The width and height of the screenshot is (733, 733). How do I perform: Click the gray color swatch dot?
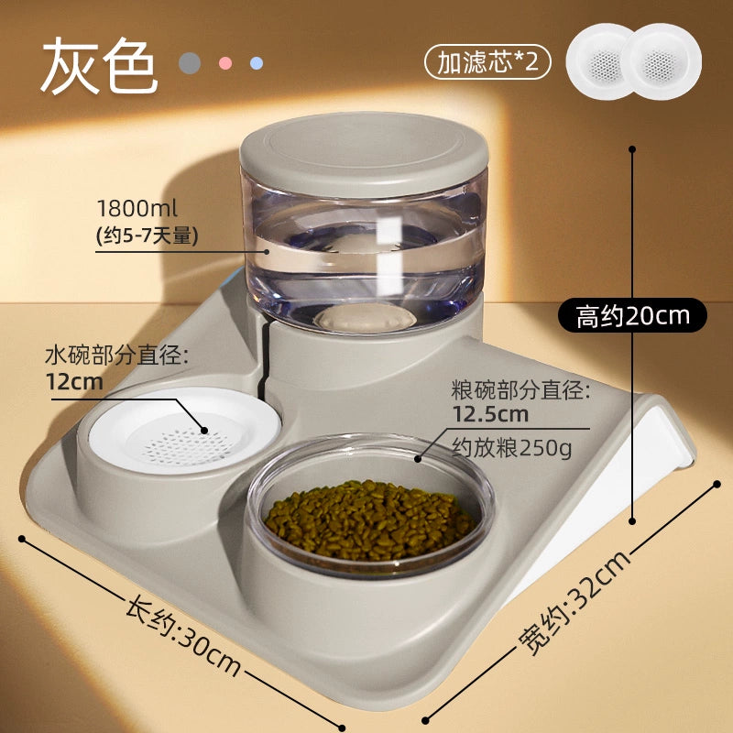190,63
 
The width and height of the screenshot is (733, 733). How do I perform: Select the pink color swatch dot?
225,63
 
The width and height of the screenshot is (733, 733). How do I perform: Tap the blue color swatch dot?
257,63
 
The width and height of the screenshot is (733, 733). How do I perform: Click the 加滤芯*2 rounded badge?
487,61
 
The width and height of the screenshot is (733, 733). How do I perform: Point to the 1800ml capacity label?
137,209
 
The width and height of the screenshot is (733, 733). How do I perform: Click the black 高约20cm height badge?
632,315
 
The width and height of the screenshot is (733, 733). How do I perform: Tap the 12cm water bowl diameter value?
74,382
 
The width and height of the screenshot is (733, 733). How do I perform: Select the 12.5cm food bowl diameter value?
490,415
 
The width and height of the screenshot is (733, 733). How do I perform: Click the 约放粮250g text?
511,449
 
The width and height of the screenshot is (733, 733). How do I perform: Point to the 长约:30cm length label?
183,635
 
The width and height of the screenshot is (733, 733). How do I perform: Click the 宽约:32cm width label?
575,603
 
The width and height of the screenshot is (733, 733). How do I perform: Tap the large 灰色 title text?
99,65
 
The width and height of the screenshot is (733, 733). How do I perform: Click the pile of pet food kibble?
369,520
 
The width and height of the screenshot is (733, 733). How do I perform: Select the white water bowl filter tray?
184,430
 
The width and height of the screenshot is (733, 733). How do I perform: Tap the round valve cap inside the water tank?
365,318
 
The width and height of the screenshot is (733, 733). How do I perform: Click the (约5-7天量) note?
148,235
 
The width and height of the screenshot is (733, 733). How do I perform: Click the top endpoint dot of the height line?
632,149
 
